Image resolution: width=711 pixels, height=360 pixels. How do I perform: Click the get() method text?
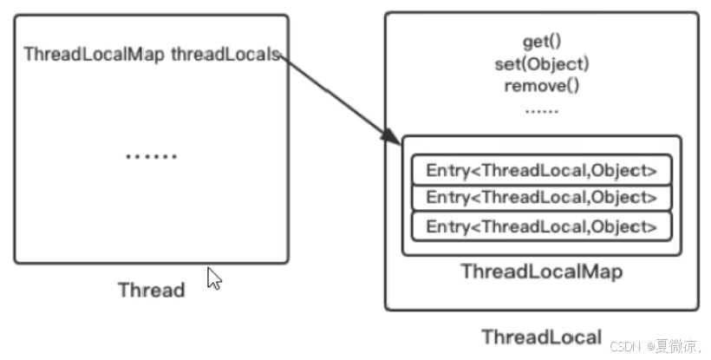click(541, 42)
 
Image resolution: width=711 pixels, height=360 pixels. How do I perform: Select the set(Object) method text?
click(541, 64)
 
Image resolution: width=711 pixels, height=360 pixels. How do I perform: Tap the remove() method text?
click(541, 86)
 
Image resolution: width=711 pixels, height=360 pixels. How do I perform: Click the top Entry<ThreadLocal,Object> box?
click(541, 170)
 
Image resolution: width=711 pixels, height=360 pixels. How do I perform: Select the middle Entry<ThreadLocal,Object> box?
click(541, 198)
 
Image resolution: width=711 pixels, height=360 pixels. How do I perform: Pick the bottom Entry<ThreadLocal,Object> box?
click(541, 226)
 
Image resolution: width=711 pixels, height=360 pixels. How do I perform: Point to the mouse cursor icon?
click(213, 278)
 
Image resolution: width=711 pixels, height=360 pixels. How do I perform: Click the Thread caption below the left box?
click(151, 290)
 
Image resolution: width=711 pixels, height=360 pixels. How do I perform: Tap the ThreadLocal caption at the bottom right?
click(541, 337)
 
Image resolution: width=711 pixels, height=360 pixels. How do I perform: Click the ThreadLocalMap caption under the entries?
click(541, 272)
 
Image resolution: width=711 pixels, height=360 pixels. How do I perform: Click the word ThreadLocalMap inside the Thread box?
click(95, 55)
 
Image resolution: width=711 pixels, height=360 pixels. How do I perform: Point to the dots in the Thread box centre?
click(151, 157)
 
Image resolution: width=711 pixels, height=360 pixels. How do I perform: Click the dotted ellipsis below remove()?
click(541, 111)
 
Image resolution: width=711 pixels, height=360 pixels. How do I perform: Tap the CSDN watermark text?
click(624, 346)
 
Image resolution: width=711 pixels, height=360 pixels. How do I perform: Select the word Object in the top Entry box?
click(623, 170)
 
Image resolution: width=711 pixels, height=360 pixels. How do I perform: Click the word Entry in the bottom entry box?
click(447, 226)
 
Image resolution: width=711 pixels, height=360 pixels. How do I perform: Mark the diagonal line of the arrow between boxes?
click(334, 95)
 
